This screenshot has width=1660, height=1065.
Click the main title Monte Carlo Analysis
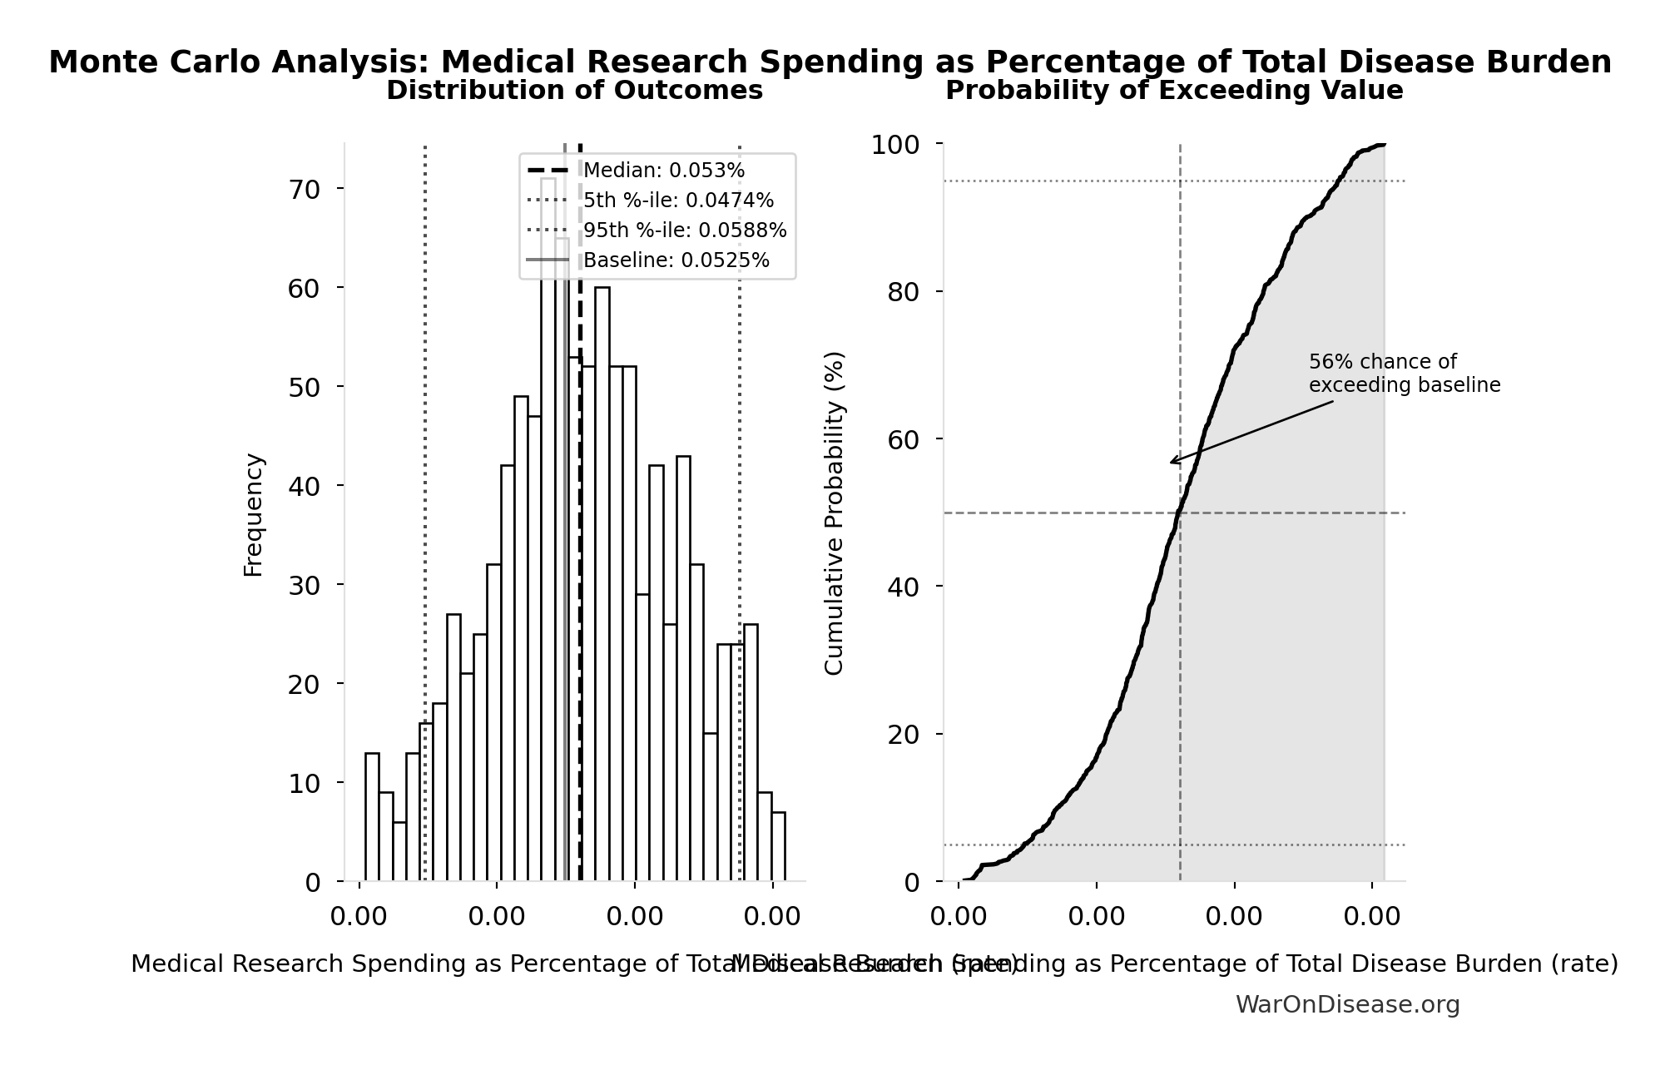(830, 62)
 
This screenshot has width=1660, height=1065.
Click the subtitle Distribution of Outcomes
(574, 91)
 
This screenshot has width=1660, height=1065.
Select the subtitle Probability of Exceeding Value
(1174, 91)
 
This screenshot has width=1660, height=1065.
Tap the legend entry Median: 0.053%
(663, 171)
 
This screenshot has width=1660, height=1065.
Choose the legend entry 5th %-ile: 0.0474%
(677, 201)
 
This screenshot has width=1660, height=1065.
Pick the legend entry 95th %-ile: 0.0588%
(684, 230)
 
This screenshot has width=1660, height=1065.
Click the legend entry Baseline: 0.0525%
(676, 260)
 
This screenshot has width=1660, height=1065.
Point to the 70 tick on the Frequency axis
(305, 190)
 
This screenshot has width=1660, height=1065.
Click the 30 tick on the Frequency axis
(305, 586)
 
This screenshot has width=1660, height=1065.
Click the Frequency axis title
(253, 514)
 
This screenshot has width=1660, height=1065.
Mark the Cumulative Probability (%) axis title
(834, 513)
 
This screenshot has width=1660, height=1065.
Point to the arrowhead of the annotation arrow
(1172, 462)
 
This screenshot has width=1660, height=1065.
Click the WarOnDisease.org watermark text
(1347, 1005)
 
